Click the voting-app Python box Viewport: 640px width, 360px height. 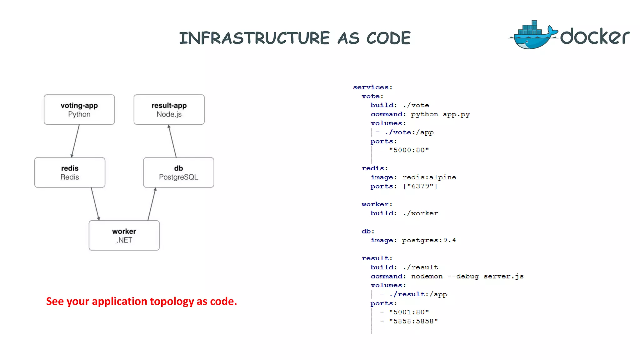tap(79, 110)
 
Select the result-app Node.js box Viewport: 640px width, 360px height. tap(169, 110)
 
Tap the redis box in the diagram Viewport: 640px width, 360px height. tap(70, 172)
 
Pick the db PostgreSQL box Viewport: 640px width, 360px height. tap(178, 172)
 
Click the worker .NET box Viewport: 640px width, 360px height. tap(124, 235)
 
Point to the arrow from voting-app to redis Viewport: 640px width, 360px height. tap(75, 141)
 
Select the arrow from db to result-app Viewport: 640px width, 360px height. tap(172, 141)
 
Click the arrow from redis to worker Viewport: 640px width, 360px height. tap(95, 204)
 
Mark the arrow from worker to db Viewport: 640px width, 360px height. tap(152, 204)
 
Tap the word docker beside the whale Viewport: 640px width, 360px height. tap(594, 37)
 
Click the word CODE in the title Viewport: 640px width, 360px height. tap(388, 38)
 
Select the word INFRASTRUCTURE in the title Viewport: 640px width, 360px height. tap(254, 38)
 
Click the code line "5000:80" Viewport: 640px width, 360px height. tap(409, 150)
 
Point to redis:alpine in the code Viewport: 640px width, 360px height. tap(429, 177)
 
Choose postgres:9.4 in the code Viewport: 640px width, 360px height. tap(429, 240)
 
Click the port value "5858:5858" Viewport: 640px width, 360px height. tap(413, 321)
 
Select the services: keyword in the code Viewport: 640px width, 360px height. tap(372, 87)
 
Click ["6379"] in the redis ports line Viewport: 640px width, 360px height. tap(420, 186)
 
